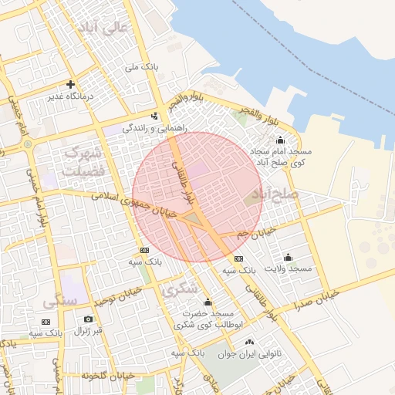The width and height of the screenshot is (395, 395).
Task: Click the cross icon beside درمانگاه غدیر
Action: [70, 84]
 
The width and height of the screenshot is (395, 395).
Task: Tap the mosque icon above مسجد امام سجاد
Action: [279, 140]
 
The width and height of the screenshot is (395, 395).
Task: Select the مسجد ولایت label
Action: [288, 268]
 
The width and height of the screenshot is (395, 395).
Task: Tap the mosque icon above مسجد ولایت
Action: [288, 257]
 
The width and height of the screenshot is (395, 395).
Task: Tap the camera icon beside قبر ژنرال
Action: [88, 319]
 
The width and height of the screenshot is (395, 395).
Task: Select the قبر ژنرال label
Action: [87, 331]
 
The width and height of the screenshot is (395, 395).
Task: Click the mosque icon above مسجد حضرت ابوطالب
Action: [207, 302]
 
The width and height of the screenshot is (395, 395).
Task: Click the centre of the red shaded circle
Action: [196, 196]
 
